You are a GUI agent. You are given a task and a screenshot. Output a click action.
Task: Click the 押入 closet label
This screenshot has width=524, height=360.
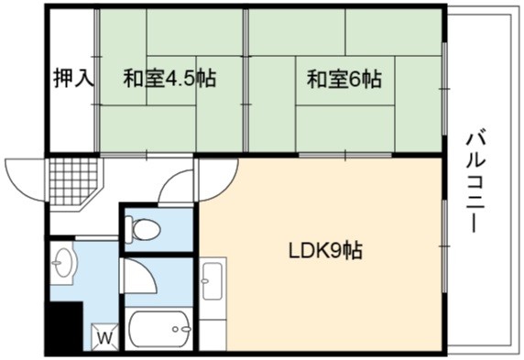pyautogui.click(x=73, y=78)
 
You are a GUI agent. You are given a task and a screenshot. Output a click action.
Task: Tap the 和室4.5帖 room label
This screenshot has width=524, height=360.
pyautogui.click(x=169, y=78)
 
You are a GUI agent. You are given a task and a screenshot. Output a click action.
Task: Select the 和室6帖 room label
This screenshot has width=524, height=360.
pyautogui.click(x=344, y=79)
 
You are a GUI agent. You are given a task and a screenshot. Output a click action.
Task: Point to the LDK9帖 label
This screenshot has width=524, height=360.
pyautogui.click(x=325, y=251)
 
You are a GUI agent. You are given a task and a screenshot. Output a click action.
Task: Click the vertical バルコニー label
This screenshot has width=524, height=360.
pyautogui.click(x=475, y=182)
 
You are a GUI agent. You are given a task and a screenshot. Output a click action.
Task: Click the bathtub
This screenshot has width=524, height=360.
pyautogui.click(x=159, y=329)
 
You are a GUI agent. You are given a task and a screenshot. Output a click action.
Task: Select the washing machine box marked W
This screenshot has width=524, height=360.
pyautogui.click(x=105, y=337)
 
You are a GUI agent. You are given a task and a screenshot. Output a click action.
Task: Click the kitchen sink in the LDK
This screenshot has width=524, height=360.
pyautogui.click(x=213, y=280)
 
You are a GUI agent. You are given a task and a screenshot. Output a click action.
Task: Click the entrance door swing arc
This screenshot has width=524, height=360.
pyautogui.click(x=24, y=180)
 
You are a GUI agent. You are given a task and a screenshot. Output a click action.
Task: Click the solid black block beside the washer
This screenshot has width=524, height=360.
pyautogui.click(x=64, y=326)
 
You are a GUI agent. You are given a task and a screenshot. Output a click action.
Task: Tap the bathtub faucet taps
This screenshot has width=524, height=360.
pyautogui.click(x=181, y=329)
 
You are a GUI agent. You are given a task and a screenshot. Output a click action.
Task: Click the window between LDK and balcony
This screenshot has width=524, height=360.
pyautogui.click(x=445, y=246)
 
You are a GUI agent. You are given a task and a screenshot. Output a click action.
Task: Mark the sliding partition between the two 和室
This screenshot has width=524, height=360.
pyautogui.click(x=246, y=81)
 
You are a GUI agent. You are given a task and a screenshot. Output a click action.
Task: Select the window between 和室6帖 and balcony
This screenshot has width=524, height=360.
pyautogui.click(x=444, y=89)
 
